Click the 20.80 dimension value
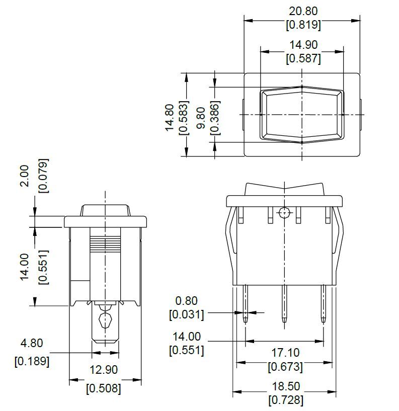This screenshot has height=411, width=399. [303, 11]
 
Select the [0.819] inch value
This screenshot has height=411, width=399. [303, 25]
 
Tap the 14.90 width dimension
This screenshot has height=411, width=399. [303, 45]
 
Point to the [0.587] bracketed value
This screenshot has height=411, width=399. [303, 58]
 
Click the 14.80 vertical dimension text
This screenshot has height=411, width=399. [170, 117]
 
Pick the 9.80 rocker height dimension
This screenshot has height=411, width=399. [201, 118]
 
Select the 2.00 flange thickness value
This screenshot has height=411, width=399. [24, 176]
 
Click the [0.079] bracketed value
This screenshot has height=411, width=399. [43, 176]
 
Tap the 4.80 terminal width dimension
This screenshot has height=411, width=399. [32, 343]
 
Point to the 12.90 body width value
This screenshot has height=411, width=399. [104, 370]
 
